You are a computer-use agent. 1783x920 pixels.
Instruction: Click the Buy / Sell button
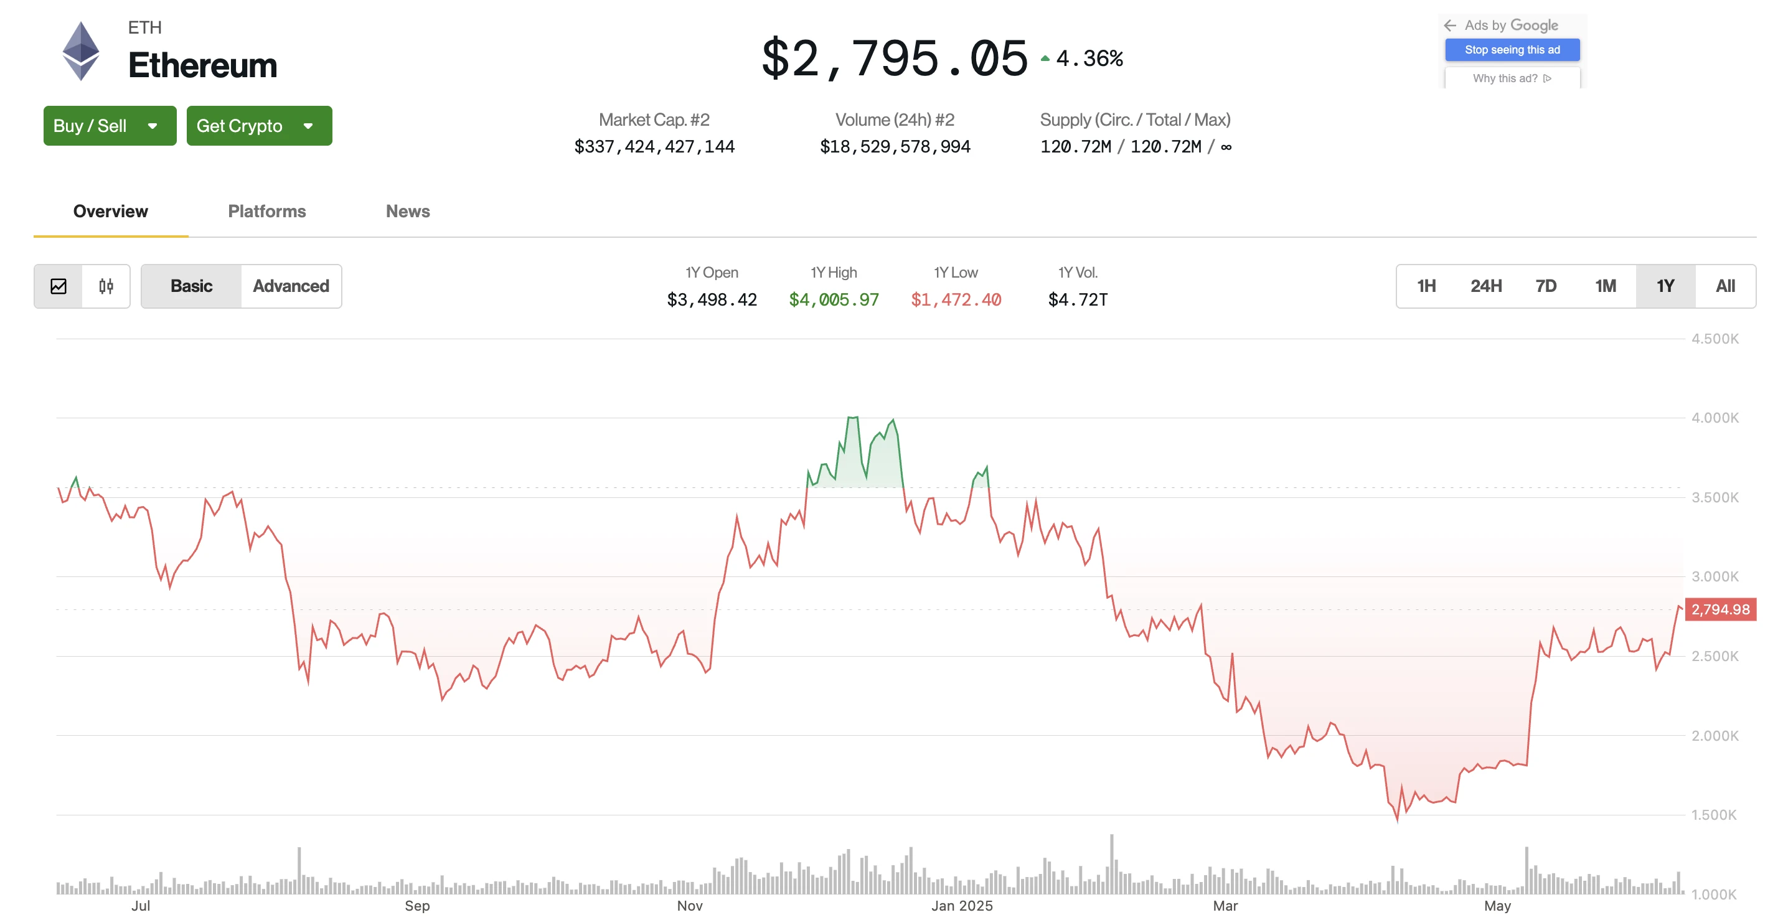[x=110, y=126]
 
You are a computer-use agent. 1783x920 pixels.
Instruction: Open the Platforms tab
[x=266, y=211]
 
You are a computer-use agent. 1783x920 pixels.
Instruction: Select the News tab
[x=408, y=211]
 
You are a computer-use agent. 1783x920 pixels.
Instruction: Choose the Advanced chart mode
[x=291, y=286]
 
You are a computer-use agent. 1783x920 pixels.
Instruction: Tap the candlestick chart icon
[x=106, y=286]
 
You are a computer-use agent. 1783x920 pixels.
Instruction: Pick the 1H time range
[x=1426, y=286]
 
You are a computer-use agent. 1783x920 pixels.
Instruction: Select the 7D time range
[x=1546, y=286]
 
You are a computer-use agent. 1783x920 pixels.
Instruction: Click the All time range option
[x=1725, y=286]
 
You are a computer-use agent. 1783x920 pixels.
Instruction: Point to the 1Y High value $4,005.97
[x=834, y=300]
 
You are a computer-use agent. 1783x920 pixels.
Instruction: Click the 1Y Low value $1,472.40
[x=955, y=300]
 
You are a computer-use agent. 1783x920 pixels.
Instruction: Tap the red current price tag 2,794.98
[x=1720, y=609]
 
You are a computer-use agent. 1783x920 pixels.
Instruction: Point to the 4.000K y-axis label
[x=1715, y=418]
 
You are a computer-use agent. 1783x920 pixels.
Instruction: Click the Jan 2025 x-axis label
[x=961, y=906]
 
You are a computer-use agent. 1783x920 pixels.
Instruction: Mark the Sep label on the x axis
[x=416, y=906]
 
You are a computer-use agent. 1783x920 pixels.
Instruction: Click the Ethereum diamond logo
[x=81, y=50]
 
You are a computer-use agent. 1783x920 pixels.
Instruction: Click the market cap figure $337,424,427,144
[x=654, y=147]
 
